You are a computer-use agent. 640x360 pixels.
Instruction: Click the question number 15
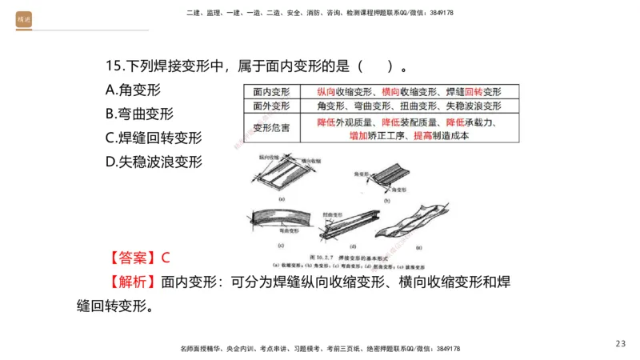pyautogui.click(x=114, y=66)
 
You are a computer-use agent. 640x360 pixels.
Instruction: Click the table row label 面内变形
pyautogui.click(x=271, y=92)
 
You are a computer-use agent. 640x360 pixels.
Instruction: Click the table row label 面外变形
pyautogui.click(x=271, y=106)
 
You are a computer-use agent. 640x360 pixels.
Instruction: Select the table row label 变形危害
pyautogui.click(x=271, y=126)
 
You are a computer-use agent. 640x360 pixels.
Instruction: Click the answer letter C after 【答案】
pyautogui.click(x=166, y=258)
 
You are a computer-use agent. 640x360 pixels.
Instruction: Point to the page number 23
pyautogui.click(x=621, y=343)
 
